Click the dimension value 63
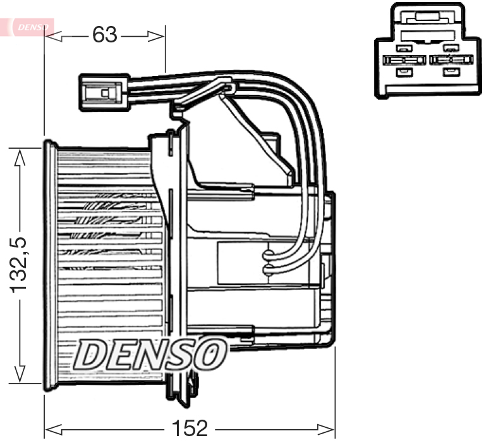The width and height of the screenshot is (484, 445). (105, 35)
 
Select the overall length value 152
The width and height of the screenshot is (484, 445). (190, 429)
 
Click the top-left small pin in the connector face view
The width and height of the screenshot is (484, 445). (401, 48)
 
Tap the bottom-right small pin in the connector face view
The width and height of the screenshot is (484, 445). (450, 72)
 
